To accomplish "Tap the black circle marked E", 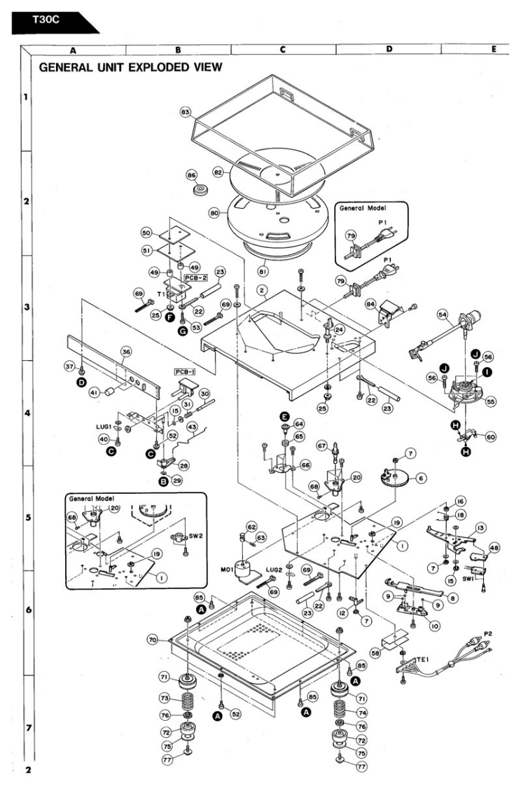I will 285,416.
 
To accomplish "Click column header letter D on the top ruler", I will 388,50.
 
